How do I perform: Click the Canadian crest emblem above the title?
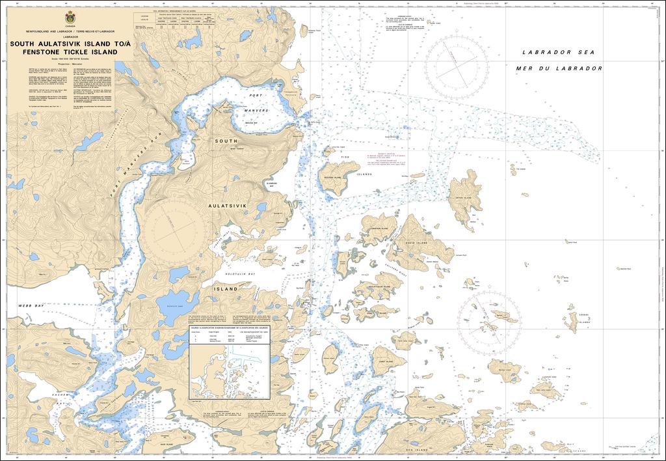(x=70, y=18)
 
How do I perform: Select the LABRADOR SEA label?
(x=558, y=52)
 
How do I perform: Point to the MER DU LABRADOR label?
(x=558, y=68)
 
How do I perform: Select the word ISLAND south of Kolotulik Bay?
(x=228, y=287)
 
